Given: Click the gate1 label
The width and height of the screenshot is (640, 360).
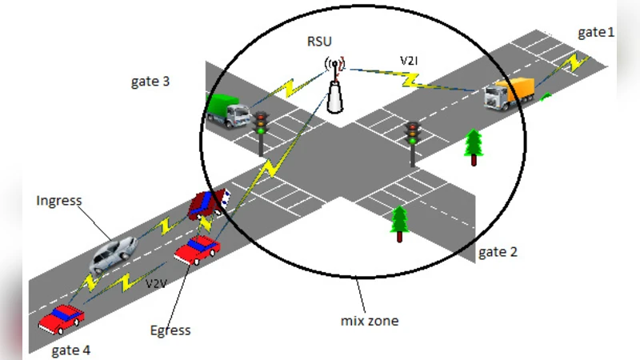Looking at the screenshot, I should pos(596,33).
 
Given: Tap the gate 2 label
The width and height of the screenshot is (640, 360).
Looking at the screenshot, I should pos(498,253).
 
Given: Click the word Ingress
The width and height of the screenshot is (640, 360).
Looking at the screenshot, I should pos(59,200).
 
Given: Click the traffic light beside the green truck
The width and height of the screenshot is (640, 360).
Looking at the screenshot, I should pos(261,129).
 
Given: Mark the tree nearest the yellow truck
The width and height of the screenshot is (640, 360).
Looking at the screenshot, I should pos(474,146).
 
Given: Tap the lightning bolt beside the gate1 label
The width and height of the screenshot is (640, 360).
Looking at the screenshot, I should pos(570,62).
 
